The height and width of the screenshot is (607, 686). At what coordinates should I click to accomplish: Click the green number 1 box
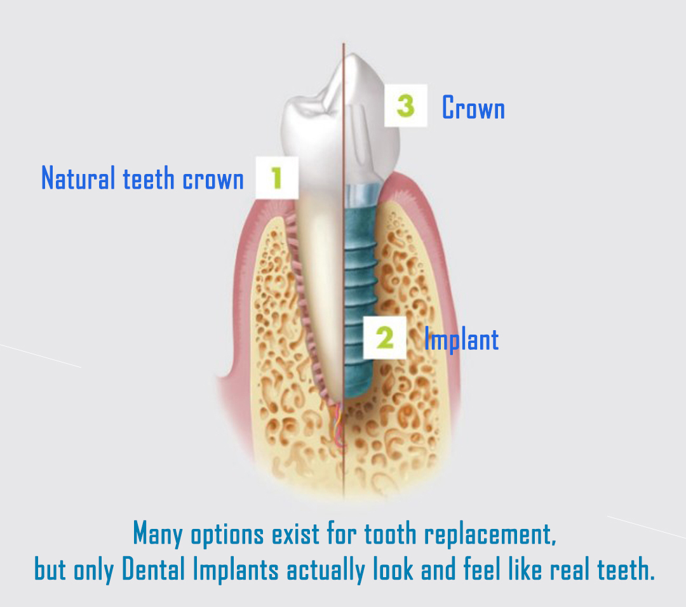pyautogui.click(x=276, y=178)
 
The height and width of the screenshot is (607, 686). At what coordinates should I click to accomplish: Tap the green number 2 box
pyautogui.click(x=385, y=338)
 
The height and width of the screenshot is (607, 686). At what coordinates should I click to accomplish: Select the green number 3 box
pyautogui.click(x=405, y=105)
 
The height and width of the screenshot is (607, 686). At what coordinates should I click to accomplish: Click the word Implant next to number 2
pyautogui.click(x=462, y=340)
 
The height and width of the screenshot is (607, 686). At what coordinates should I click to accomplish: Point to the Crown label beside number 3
pyautogui.click(x=473, y=107)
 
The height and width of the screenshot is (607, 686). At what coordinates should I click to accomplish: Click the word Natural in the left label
pyautogui.click(x=78, y=178)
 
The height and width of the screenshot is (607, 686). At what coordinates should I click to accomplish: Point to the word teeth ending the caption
pyautogui.click(x=626, y=570)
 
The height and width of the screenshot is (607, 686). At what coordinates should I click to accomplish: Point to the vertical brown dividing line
pyautogui.click(x=344, y=271)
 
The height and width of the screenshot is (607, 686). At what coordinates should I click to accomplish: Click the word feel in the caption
pyautogui.click(x=482, y=569)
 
